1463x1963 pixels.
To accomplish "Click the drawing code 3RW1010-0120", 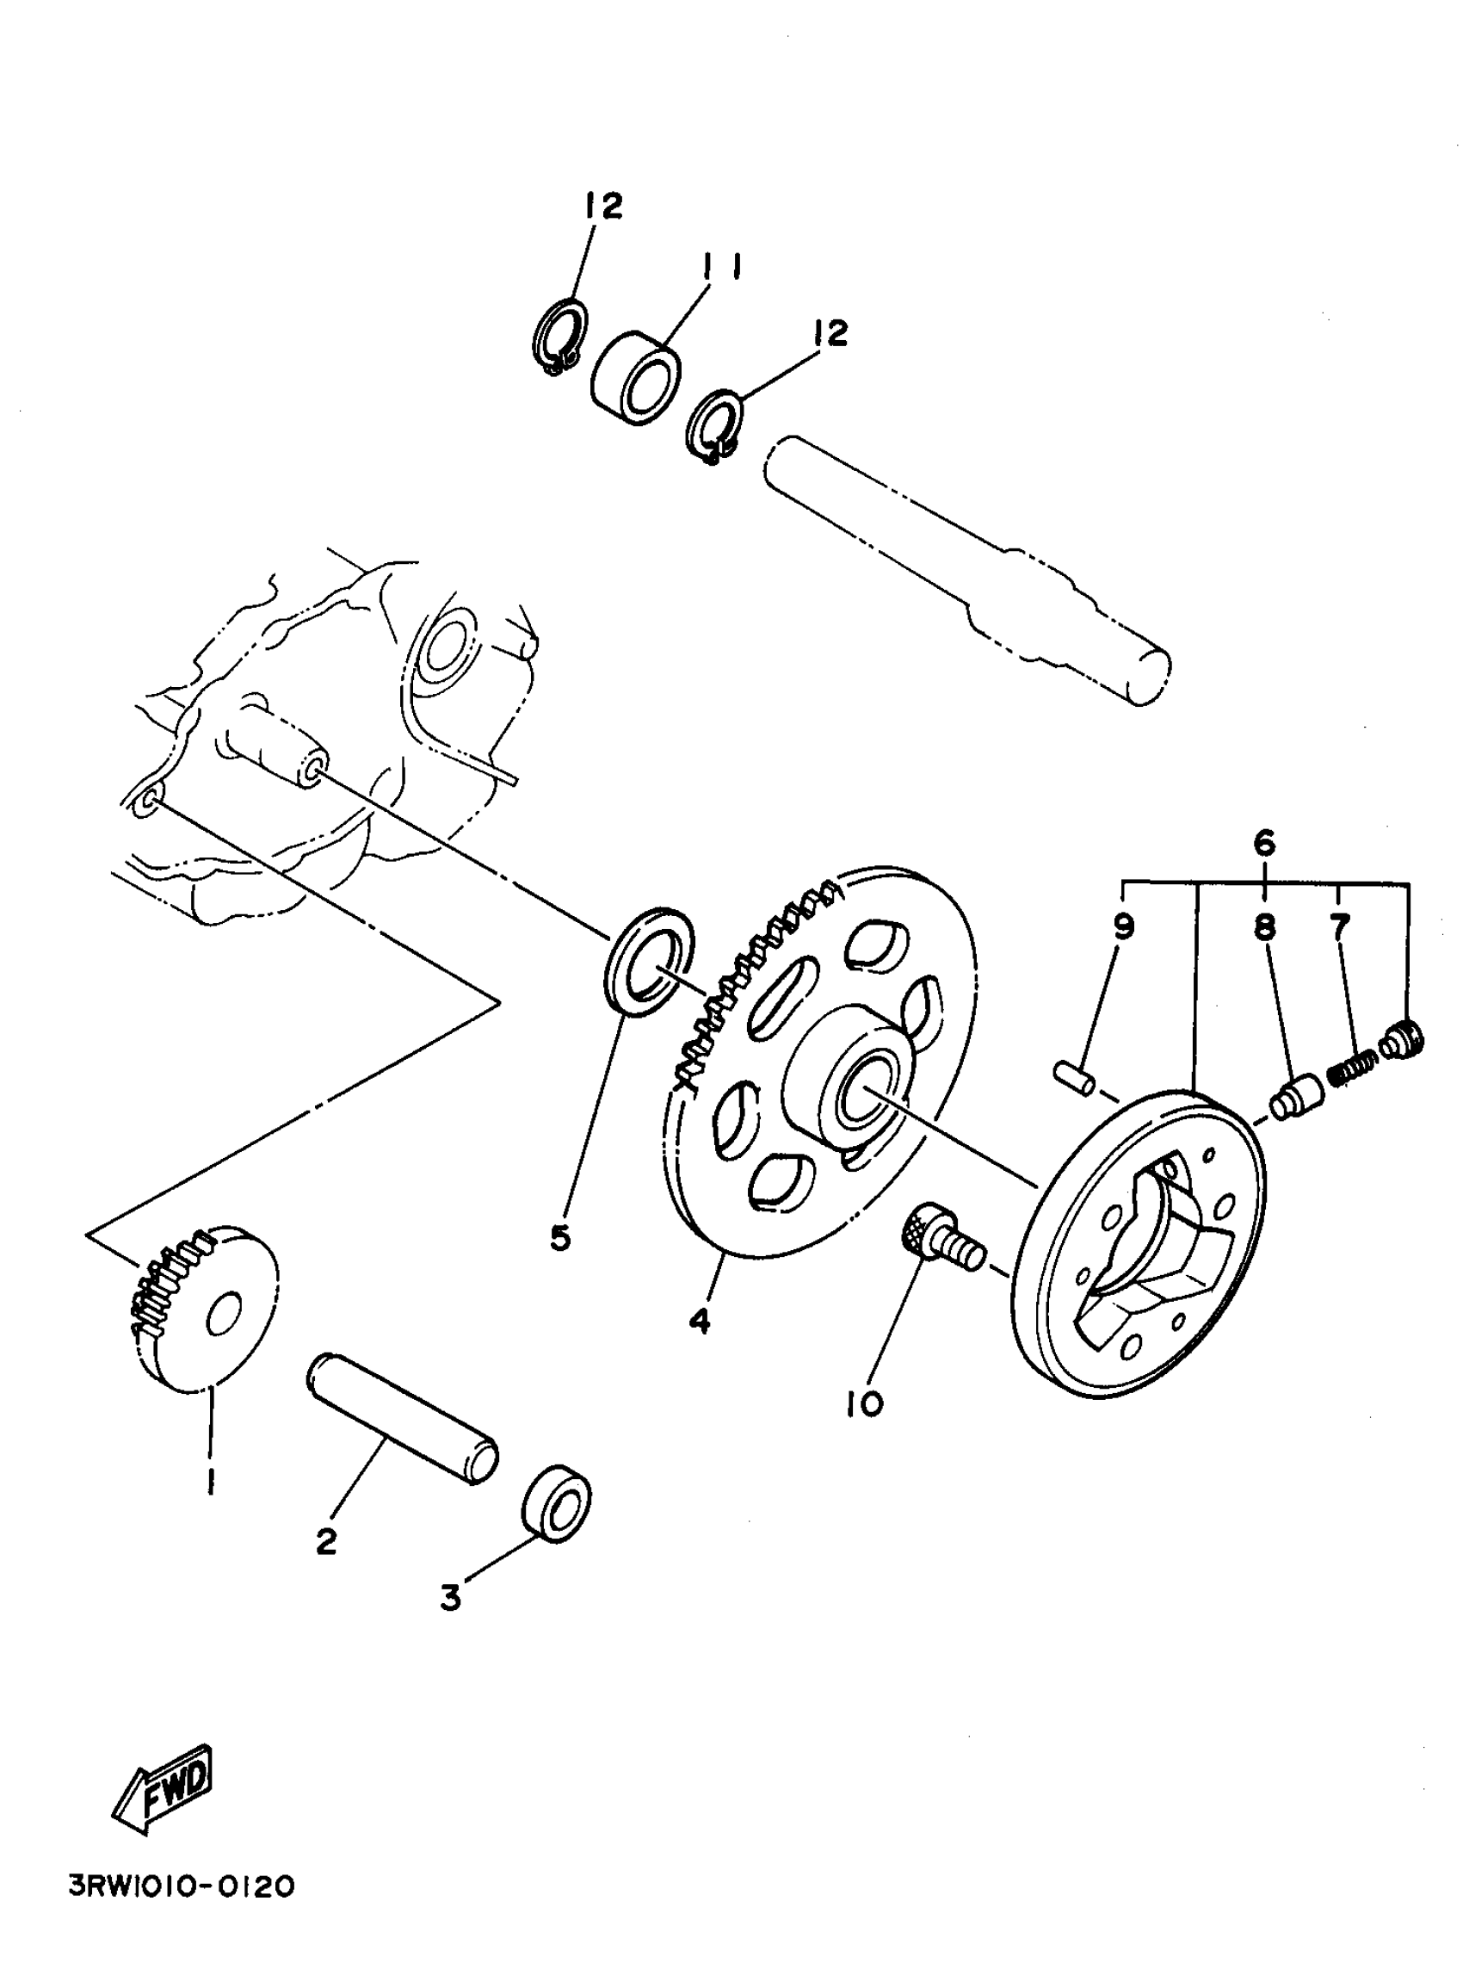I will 182,1911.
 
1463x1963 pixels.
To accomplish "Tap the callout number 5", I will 559,1238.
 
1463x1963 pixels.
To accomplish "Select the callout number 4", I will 700,1346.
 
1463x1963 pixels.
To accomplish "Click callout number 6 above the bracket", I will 1263,842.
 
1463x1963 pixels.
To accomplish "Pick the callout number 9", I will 1123,927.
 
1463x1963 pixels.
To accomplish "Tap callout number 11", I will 722,267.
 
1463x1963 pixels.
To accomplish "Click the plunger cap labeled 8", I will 1297,1097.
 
